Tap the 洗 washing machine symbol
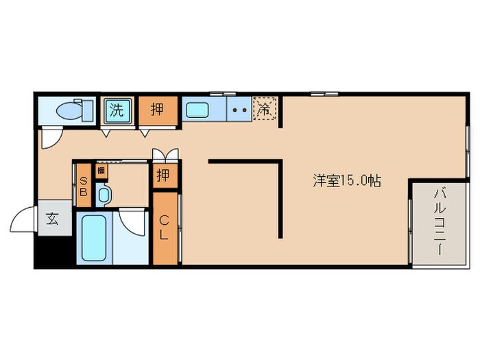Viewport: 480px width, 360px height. (x=118, y=110)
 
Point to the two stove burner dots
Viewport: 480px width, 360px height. (x=239, y=108)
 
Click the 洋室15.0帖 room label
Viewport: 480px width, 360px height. (x=347, y=182)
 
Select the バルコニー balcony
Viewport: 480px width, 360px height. (x=436, y=226)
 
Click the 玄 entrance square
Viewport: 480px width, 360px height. (x=53, y=219)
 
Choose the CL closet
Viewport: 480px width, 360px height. (x=165, y=228)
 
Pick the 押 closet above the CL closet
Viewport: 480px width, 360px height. (x=163, y=176)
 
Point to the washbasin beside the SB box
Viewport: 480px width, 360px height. (x=104, y=195)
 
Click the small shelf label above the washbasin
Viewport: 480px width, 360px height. (x=101, y=169)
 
